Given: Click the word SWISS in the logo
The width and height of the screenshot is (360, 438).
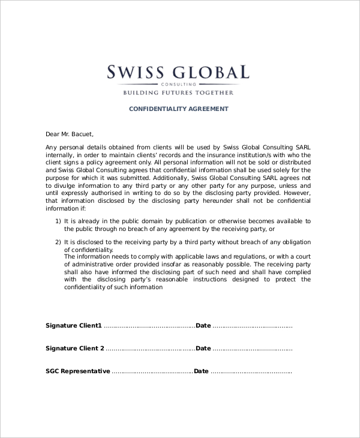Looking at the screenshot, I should (x=134, y=73).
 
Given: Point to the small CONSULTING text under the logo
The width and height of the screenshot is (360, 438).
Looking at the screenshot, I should (x=179, y=85).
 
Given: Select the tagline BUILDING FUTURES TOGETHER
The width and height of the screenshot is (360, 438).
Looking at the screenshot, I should (x=178, y=94).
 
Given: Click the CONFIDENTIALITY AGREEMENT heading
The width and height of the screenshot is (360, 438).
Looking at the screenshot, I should (x=179, y=109).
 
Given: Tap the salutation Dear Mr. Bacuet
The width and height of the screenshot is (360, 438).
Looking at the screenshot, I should (x=70, y=134).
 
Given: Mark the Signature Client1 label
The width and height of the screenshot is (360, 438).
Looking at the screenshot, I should (x=74, y=326).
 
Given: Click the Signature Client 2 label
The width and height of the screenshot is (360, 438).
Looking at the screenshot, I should (x=75, y=349).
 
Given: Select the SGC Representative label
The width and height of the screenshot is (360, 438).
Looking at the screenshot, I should (x=78, y=371).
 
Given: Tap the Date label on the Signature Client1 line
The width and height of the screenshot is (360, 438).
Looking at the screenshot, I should (x=203, y=326).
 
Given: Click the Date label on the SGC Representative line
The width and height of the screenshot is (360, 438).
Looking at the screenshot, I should (x=201, y=371).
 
